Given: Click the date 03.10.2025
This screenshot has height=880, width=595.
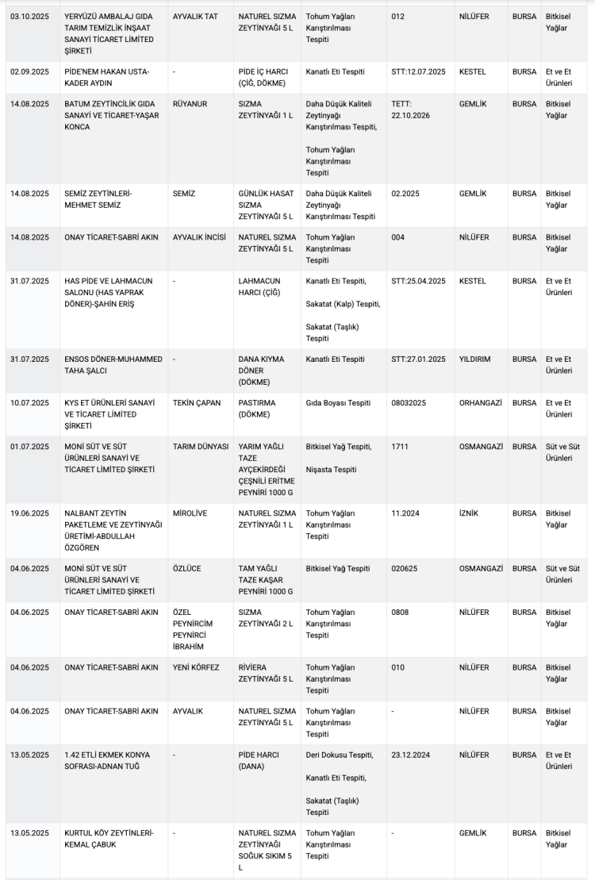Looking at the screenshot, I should point(29,16).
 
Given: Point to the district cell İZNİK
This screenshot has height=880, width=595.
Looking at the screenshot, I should point(470,513).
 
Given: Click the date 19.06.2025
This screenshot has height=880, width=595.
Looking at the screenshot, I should point(29,513).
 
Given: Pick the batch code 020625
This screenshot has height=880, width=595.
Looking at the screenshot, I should point(408,569).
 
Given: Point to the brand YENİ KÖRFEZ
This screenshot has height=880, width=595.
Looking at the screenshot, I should point(196,668).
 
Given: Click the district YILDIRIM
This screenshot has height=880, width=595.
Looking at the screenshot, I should point(474,359).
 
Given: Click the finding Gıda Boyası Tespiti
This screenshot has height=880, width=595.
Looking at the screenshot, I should point(338,403).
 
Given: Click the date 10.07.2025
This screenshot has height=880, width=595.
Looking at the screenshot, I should point(29,403).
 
